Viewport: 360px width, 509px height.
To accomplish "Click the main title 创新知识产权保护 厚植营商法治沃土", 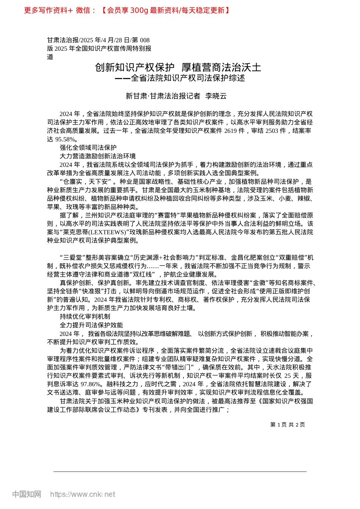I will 178,67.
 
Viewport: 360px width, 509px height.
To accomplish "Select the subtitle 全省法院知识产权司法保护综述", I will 188,78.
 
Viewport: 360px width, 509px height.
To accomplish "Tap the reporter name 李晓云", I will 216,96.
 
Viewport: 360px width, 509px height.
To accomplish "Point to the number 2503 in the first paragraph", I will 272,131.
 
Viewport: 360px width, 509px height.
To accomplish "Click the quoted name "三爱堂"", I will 73,258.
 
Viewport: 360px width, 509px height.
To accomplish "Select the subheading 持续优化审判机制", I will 85,317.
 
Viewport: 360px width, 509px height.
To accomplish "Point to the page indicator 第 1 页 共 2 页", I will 287,425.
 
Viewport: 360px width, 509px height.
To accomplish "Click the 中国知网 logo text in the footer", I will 27,494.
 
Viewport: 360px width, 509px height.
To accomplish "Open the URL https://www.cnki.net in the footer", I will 83,494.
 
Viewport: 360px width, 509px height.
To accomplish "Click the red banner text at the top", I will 127,11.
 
